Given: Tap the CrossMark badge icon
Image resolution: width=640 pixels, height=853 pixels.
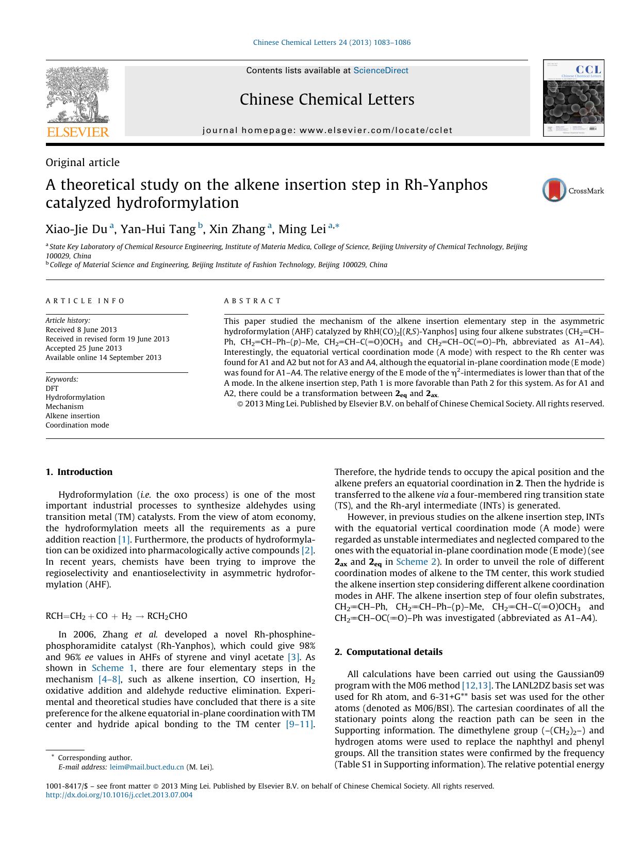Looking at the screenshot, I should [x=554, y=190].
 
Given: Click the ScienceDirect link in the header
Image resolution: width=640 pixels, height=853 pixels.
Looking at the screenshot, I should [x=381, y=71].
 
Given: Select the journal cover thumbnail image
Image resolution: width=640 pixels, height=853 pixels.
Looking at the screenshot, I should [x=573, y=98].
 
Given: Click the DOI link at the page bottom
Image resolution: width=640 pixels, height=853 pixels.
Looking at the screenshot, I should [x=119, y=795].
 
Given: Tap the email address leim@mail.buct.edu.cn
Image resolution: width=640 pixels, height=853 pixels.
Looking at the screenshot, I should [x=147, y=767].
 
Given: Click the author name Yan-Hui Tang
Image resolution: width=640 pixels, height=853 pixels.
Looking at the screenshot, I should [x=158, y=229].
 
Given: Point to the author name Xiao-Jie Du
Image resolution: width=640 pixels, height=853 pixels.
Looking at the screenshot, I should [x=76, y=229].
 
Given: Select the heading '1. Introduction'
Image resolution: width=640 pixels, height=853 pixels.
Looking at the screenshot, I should [x=79, y=472].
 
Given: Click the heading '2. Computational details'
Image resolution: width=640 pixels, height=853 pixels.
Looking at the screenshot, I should [x=388, y=652].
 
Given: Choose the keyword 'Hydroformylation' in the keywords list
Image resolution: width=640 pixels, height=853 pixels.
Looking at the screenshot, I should [x=75, y=397].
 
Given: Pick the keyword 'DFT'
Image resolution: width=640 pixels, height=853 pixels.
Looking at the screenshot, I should [x=52, y=388].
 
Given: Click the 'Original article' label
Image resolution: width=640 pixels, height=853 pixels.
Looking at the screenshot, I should [x=83, y=162].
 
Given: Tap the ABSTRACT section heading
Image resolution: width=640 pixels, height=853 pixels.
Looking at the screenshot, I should [x=253, y=301].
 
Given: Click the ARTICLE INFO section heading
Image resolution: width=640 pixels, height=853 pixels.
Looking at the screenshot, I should [x=86, y=301].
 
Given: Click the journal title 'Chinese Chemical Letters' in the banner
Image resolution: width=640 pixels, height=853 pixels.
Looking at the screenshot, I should [x=327, y=100].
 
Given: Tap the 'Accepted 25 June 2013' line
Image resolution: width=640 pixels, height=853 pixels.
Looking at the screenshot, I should [x=84, y=348].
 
